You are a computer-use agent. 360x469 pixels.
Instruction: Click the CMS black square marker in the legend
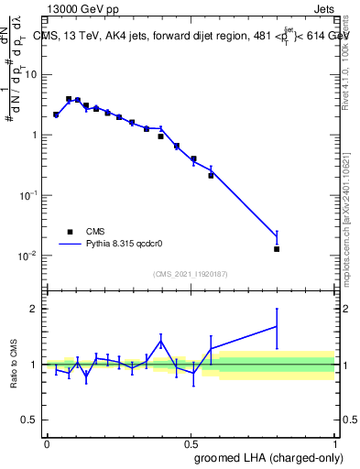[x=70, y=232]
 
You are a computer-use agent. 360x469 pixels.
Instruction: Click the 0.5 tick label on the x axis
[x=191, y=442]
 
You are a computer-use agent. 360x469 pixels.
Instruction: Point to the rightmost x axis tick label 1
[x=334, y=442]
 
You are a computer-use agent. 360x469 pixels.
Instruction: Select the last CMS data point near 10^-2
[x=277, y=248]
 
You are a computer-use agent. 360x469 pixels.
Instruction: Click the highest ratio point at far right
[x=277, y=326]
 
